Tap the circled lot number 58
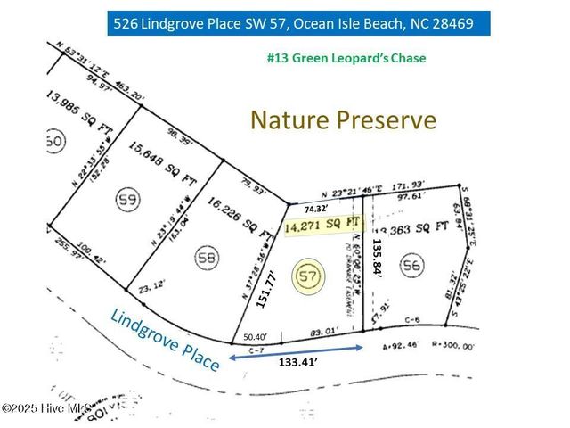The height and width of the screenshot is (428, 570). tap(207, 259)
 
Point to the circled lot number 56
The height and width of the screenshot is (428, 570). tap(411, 265)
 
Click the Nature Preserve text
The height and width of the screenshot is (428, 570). tap(343, 119)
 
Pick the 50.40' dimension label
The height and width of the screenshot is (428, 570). tap(257, 338)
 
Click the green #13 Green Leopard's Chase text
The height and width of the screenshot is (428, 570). tap(346, 58)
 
